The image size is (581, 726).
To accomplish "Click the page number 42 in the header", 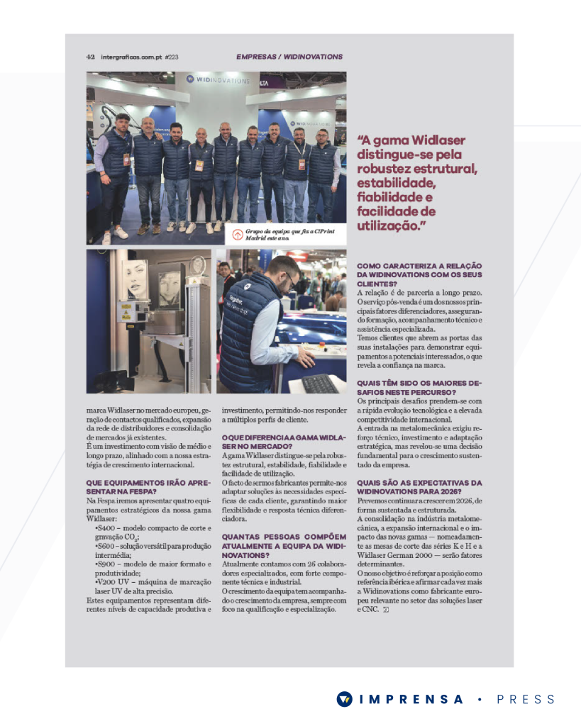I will [91, 57].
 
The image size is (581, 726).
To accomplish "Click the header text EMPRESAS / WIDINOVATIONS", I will [289, 57].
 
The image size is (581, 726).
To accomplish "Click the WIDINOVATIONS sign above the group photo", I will [218, 79].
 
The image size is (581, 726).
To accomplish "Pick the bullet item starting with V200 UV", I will [153, 582].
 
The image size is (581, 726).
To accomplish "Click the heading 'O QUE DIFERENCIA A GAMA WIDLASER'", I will [284, 440].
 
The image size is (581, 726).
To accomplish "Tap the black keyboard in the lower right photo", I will [320, 384].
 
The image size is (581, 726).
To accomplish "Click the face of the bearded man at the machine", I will [287, 275].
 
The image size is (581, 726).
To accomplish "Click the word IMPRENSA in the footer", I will [412, 700].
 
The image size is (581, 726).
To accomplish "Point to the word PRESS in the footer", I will [526, 700].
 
